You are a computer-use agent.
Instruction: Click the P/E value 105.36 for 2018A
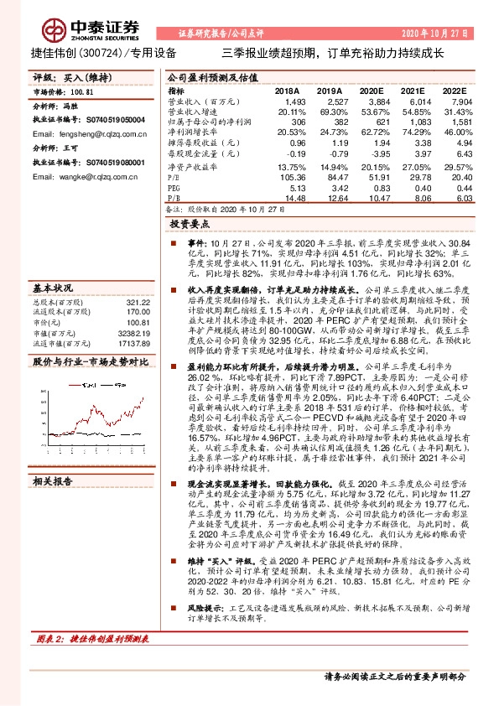tap(288, 177)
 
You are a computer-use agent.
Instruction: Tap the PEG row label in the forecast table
tap(175, 187)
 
